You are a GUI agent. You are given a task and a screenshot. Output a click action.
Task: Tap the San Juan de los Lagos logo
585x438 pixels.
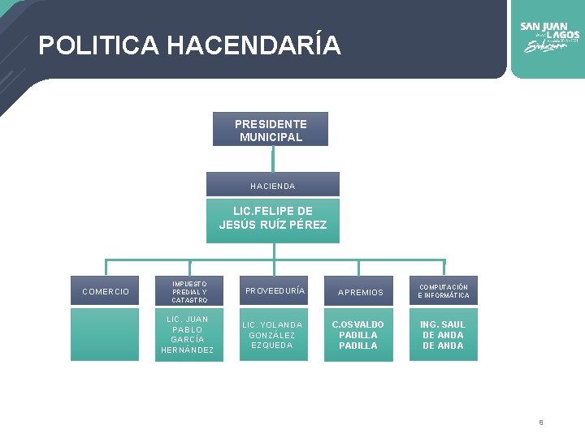pos(549,36)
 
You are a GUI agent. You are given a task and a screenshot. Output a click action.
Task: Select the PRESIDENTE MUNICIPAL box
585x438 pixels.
pos(271,130)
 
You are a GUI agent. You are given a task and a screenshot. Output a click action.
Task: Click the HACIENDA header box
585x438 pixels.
pos(273,186)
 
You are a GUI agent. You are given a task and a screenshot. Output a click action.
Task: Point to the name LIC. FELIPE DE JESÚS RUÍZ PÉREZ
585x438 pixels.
pos(273,218)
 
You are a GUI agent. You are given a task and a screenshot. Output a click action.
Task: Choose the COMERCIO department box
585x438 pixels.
pos(106,291)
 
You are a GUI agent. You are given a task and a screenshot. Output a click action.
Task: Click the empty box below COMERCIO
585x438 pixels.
pos(106,334)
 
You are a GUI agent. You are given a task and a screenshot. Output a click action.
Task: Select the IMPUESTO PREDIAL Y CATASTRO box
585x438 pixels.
pos(189,291)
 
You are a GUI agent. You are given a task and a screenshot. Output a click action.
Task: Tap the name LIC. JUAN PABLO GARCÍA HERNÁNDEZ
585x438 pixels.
pos(188,334)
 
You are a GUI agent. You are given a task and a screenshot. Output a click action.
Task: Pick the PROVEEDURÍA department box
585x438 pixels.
pos(275,291)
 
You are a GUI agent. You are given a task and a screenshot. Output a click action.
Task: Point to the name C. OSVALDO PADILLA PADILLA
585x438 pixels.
pos(358,334)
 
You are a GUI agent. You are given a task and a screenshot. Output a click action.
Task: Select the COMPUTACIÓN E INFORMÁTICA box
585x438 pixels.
pos(444,291)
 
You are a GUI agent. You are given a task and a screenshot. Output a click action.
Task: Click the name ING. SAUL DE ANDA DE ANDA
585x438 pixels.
pos(444,334)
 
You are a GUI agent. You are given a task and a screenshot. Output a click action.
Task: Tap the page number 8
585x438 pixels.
pos(540,422)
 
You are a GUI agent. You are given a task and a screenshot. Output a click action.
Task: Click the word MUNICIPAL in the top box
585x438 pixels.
pos(271,137)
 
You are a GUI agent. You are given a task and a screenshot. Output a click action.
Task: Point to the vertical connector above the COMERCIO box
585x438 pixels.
pos(106,268)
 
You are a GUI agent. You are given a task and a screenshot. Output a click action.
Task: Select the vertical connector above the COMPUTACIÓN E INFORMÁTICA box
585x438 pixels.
pos(444,268)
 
